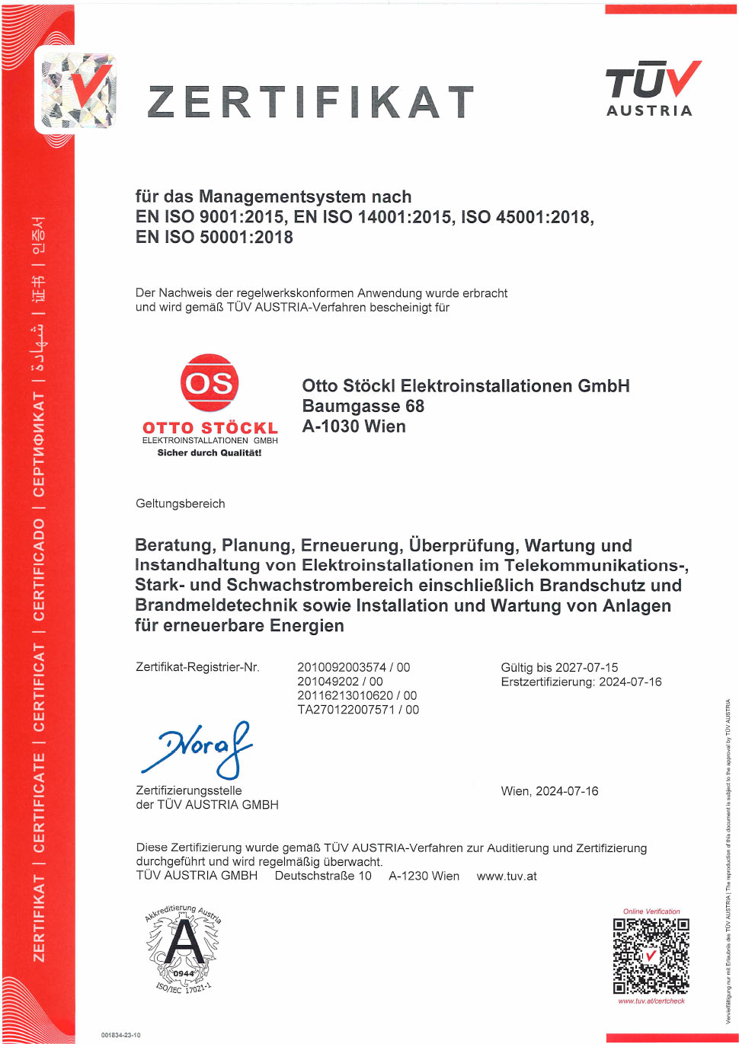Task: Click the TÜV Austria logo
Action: (652, 89)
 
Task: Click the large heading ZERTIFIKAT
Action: (311, 102)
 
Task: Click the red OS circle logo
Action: (210, 382)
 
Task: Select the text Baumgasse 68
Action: (363, 406)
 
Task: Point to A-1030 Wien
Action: (354, 426)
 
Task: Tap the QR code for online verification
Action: (651, 956)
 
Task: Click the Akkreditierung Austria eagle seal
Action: (183, 948)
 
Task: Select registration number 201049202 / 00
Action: (340, 682)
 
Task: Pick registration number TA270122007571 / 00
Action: (358, 710)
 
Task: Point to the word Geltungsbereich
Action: (181, 503)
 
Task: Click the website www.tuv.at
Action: (507, 876)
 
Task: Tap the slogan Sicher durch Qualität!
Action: (210, 453)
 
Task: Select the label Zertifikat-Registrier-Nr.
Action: (197, 668)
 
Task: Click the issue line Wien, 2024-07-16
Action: (549, 791)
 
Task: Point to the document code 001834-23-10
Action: (120, 1035)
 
